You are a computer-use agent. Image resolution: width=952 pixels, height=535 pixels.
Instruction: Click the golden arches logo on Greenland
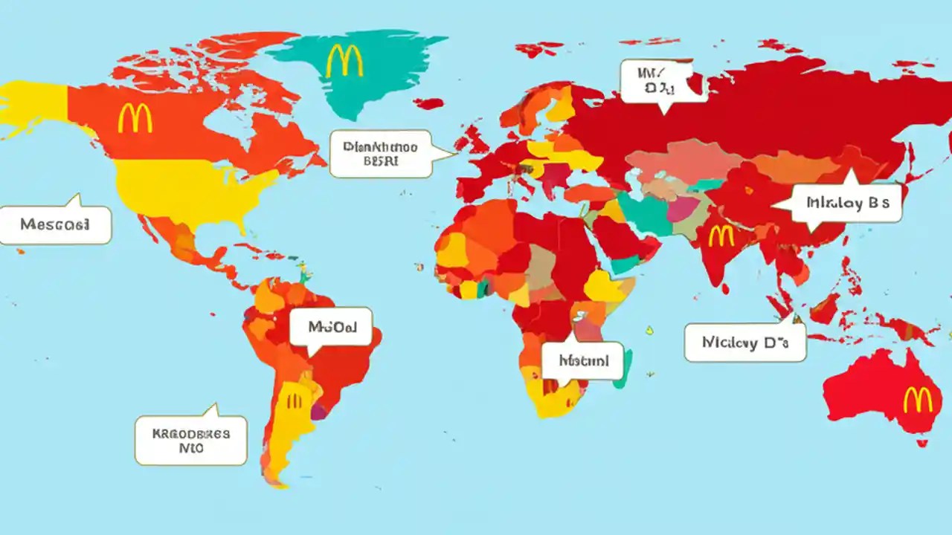pos(344,61)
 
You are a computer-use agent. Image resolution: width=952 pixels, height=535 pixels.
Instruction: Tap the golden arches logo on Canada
pos(135,118)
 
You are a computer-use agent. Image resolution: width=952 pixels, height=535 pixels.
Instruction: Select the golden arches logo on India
pos(721,236)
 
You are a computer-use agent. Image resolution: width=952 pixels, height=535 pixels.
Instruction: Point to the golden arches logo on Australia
pos(917,401)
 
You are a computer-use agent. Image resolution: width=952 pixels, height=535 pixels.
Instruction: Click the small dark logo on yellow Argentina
pos(295,401)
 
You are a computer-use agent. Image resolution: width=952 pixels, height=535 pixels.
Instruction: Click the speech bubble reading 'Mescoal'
pos(55,224)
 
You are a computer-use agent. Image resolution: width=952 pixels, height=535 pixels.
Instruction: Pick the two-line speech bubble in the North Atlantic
pos(381,154)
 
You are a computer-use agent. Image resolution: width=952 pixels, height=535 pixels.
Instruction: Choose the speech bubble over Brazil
pos(330,327)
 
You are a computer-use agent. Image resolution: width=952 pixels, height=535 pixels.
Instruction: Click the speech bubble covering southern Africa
pos(582,361)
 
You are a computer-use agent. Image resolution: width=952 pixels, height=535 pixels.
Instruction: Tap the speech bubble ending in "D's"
pos(744,343)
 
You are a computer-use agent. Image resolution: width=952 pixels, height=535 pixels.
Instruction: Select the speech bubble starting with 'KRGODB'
pos(190,440)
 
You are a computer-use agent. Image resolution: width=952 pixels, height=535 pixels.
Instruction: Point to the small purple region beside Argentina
pos(318,411)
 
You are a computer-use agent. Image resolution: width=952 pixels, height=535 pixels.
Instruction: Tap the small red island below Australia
pos(922,443)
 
